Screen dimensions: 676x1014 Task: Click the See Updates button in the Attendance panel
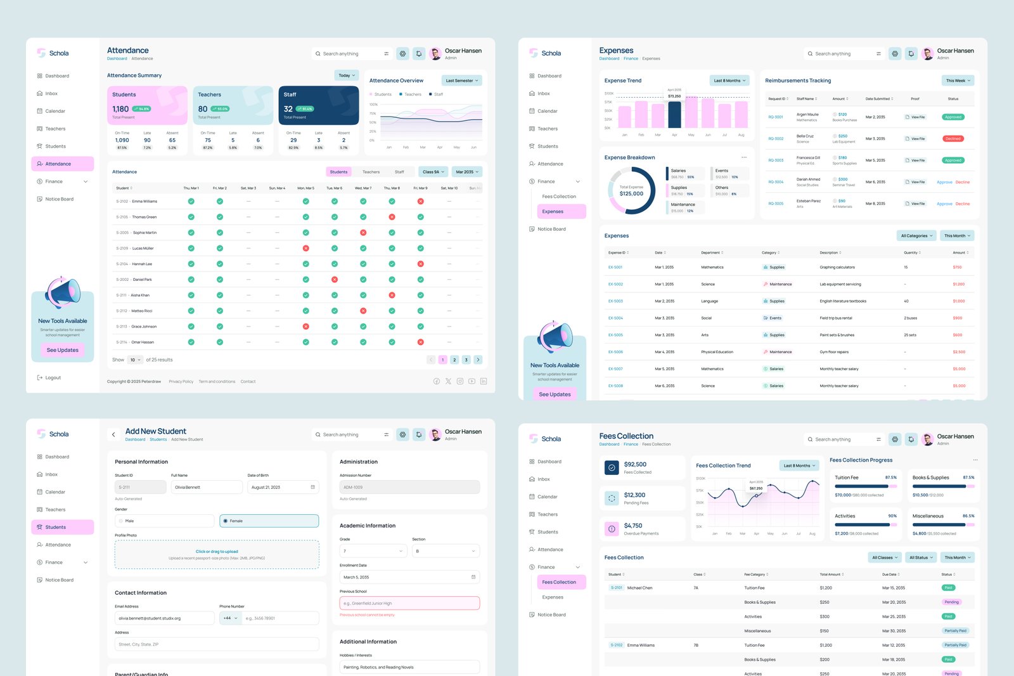[x=63, y=350]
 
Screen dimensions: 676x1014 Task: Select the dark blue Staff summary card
[x=318, y=105]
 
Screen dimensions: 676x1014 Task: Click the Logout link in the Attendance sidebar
[x=53, y=377]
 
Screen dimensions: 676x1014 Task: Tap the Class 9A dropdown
[x=433, y=172]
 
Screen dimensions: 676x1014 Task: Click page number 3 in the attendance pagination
[x=466, y=360]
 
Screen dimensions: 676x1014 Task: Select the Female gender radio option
[x=269, y=521]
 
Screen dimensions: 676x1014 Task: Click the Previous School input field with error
[x=409, y=603]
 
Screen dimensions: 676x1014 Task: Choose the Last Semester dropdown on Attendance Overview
[x=461, y=81]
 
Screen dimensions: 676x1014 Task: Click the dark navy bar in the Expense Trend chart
[x=674, y=115]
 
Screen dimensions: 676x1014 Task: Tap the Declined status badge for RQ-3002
[x=953, y=138]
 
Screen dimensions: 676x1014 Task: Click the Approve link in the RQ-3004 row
[x=944, y=182]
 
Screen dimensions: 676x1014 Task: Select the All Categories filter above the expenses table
[x=916, y=236]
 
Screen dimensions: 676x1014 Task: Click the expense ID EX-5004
[x=615, y=318]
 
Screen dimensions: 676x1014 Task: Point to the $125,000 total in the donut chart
[x=631, y=193]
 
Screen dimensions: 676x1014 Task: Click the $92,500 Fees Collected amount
[x=635, y=464]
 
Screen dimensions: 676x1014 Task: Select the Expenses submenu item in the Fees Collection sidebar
[x=553, y=597]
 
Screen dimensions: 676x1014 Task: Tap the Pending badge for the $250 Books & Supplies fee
[x=951, y=602]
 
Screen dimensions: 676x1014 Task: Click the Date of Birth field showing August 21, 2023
[x=283, y=487]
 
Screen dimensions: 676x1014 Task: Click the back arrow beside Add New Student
[x=113, y=434]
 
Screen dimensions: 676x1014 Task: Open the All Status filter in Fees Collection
[x=920, y=557]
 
